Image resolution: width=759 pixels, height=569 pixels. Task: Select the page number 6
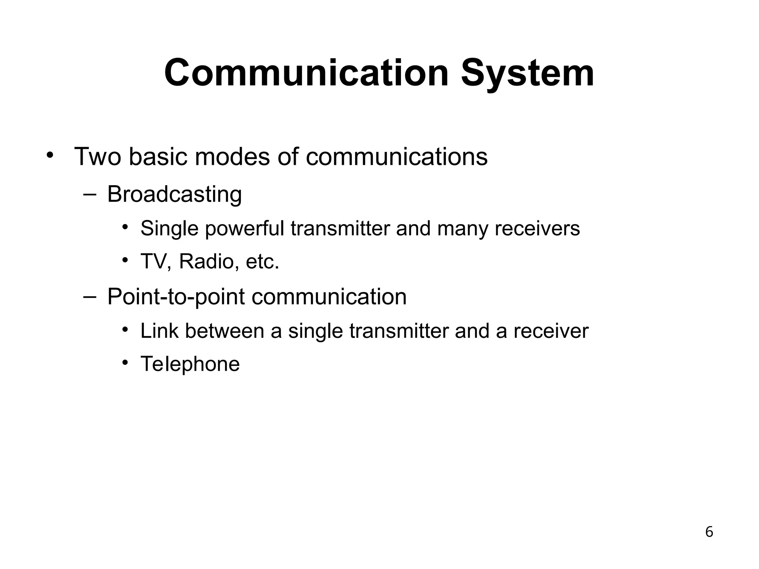(709, 532)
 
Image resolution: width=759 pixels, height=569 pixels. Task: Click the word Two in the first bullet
(97, 157)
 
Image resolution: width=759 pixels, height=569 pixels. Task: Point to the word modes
(232, 157)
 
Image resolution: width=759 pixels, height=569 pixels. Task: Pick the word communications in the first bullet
(397, 157)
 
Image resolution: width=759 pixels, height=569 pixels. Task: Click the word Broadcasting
(174, 194)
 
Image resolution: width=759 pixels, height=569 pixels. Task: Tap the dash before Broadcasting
(90, 194)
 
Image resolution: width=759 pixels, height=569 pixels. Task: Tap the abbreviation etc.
(262, 262)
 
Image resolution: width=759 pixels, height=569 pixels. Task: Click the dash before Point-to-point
(90, 297)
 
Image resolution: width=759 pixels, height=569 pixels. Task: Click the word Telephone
(190, 364)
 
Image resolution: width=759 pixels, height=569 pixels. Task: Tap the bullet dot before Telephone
(126, 362)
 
